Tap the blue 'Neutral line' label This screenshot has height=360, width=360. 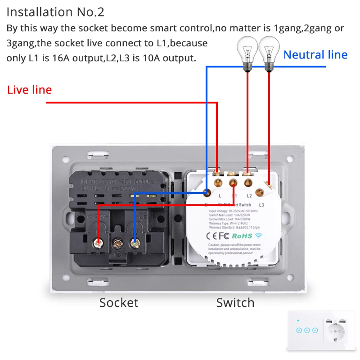pos(315,55)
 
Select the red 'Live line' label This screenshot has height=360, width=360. pos(30,90)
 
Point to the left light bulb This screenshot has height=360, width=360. pos(247,52)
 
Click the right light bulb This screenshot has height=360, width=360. pos(269,52)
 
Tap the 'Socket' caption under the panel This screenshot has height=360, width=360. pos(119,302)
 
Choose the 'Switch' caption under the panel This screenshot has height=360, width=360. pos(235,302)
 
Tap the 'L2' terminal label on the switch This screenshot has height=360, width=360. pos(249,196)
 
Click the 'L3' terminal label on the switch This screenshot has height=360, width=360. pos(261,205)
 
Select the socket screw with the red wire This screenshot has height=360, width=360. pos(98,243)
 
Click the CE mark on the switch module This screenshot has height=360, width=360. pos(212,235)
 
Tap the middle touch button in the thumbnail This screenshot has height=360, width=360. pos(307,330)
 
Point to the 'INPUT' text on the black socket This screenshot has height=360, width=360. pos(87,182)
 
